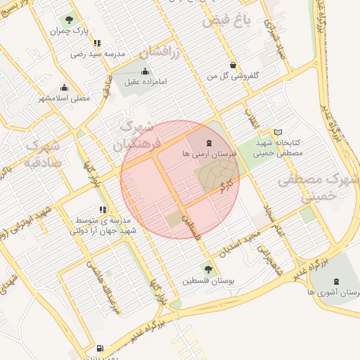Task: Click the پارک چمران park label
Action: click(68, 32)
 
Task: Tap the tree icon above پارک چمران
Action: click(68, 20)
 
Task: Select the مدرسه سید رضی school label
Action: click(98, 54)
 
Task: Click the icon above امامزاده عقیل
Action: click(146, 71)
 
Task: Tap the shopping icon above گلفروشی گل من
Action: click(233, 65)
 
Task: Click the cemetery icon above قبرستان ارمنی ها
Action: click(192, 143)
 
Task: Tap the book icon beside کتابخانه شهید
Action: click(278, 131)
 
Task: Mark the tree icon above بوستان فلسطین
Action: click(207, 269)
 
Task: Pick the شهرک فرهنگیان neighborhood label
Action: click(141, 137)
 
